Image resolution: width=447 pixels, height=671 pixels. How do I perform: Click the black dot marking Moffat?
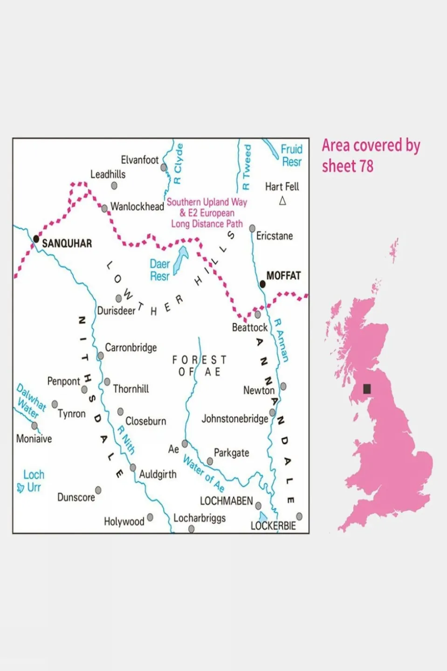pyautogui.click(x=262, y=284)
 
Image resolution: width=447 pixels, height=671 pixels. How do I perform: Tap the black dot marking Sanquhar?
pyautogui.click(x=36, y=239)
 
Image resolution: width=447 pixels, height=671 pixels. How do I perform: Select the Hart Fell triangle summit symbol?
pyautogui.click(x=282, y=201)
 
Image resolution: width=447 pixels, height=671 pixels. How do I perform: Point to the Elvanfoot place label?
pyautogui.click(x=139, y=160)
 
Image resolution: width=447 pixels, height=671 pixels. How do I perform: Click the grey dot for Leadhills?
pyautogui.click(x=114, y=186)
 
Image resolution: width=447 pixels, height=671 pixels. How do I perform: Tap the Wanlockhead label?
pyautogui.click(x=137, y=207)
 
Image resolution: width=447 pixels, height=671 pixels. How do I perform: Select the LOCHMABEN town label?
pyautogui.click(x=226, y=501)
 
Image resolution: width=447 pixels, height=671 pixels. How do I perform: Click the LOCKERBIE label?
pyautogui.click(x=273, y=526)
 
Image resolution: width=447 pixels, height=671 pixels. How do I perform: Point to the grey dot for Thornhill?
pyautogui.click(x=107, y=382)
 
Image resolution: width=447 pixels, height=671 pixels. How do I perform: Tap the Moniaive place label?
pyautogui.click(x=34, y=439)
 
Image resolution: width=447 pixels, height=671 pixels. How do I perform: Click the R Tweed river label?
pyautogui.click(x=247, y=167)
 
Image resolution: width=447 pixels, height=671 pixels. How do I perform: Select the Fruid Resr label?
pyautogui.click(x=291, y=155)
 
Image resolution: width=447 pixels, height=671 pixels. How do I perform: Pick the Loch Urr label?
pyautogui.click(x=33, y=481)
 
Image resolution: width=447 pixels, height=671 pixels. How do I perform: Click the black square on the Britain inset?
pyautogui.click(x=367, y=388)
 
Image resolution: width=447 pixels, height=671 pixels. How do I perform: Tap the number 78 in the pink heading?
pyautogui.click(x=366, y=166)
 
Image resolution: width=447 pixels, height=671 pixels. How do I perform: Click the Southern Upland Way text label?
pyautogui.click(x=206, y=202)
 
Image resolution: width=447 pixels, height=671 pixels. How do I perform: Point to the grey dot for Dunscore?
pyautogui.click(x=98, y=490)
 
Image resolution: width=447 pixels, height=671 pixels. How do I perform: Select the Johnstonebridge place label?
pyautogui.click(x=234, y=419)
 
